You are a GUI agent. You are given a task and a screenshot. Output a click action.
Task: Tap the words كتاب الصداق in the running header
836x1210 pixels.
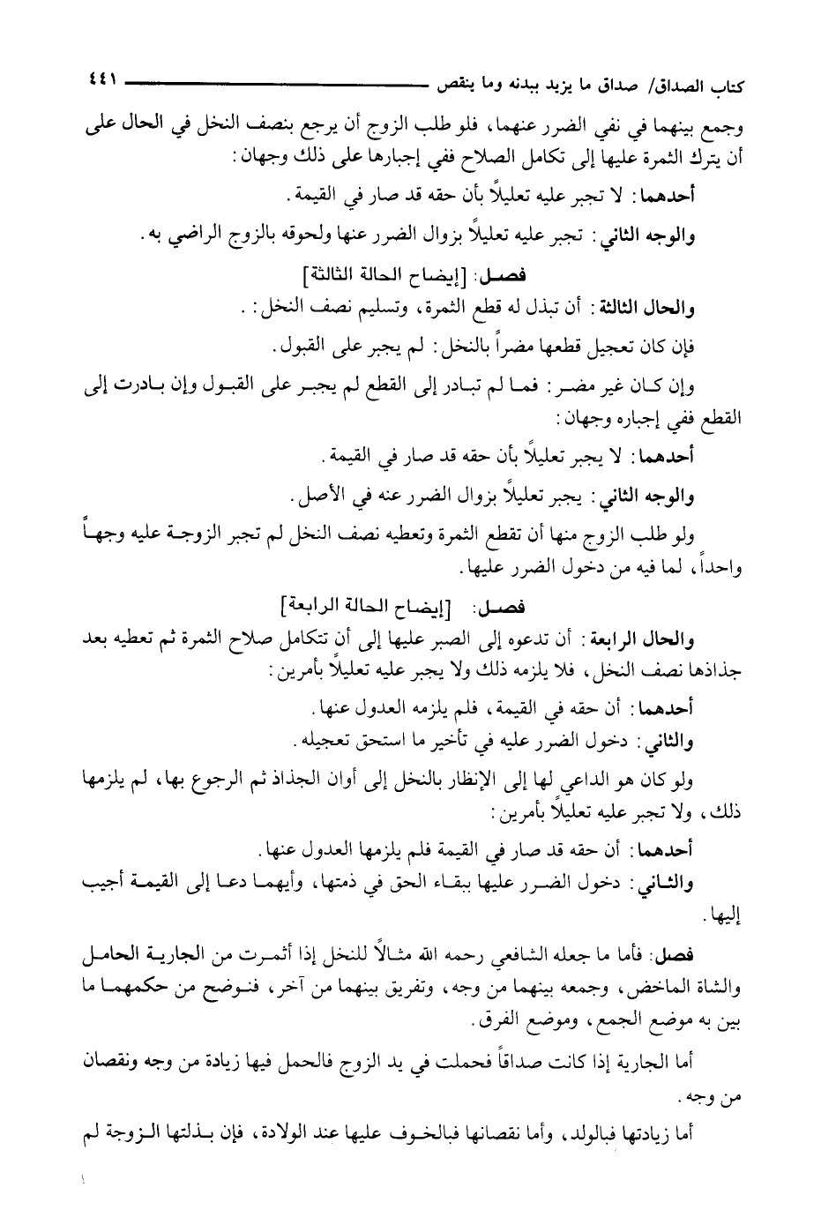pyautogui.click(x=706, y=85)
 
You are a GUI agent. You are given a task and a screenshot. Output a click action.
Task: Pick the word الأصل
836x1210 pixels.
pyautogui.click(x=317, y=498)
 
